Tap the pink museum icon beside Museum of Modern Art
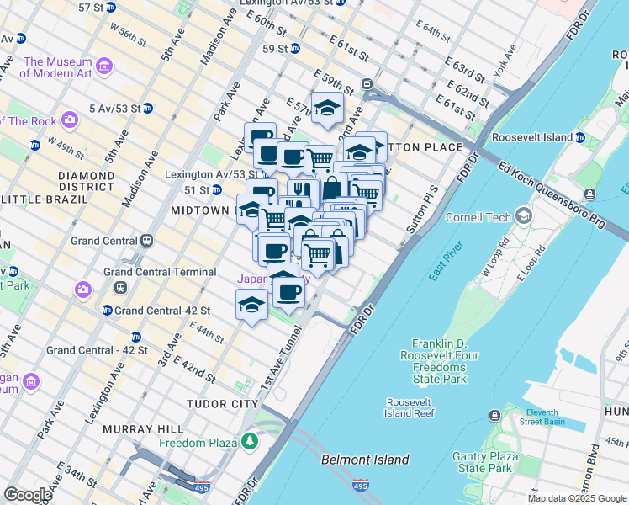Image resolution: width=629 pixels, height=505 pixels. point(104,66)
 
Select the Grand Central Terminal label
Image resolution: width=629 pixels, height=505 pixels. point(160,272)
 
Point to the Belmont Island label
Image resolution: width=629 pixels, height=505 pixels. point(365,460)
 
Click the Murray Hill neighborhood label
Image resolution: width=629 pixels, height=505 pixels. point(137,429)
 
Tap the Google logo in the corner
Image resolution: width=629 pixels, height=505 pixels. point(28,495)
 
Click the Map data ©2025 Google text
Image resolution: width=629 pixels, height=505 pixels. point(577,498)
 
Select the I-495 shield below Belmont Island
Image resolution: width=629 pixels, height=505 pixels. point(360,486)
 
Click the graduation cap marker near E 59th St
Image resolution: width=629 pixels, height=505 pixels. point(327,108)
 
